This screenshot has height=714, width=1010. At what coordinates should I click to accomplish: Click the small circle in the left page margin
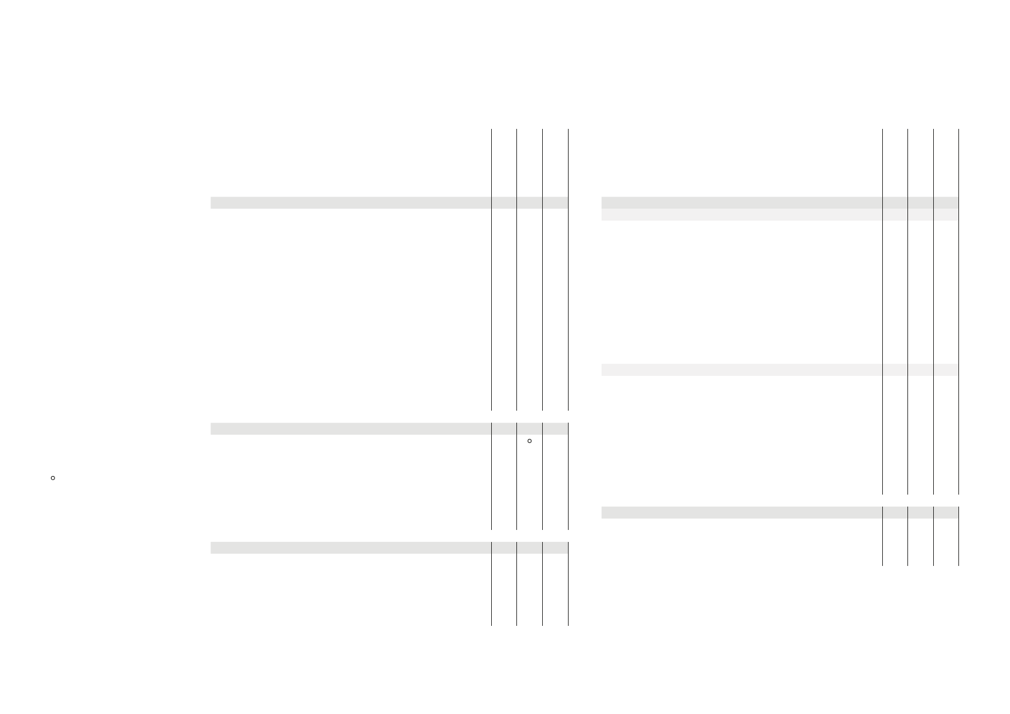tap(53, 478)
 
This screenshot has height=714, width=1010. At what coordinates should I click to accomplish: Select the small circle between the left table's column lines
tap(530, 441)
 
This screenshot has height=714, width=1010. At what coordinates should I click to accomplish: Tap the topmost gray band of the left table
tap(350, 203)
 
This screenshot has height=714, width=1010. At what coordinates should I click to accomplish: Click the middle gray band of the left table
tap(350, 429)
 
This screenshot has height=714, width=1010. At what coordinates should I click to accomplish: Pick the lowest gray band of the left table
tap(350, 547)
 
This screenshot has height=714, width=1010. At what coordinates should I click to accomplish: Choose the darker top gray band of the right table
tap(741, 203)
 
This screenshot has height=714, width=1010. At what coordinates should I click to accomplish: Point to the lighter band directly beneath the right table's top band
tap(741, 215)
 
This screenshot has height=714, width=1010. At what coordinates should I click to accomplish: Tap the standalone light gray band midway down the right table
tap(741, 370)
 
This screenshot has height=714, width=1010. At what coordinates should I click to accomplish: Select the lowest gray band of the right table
tap(741, 513)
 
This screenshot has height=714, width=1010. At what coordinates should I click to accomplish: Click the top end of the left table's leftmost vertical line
tap(491, 129)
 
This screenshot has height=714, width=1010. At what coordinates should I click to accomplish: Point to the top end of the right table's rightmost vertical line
tap(958, 129)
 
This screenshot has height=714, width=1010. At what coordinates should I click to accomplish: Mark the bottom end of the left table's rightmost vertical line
tap(568, 625)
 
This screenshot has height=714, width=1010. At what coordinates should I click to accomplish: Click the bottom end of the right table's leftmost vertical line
tap(883, 564)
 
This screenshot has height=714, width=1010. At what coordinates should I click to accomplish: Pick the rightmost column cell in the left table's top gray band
tap(555, 203)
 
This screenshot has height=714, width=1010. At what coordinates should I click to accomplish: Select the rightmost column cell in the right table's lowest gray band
tap(946, 513)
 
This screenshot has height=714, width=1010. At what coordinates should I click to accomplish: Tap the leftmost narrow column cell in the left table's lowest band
tap(504, 547)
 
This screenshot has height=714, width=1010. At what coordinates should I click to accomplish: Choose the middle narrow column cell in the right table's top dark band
tap(921, 203)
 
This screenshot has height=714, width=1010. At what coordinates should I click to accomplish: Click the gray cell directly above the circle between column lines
tap(530, 429)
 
